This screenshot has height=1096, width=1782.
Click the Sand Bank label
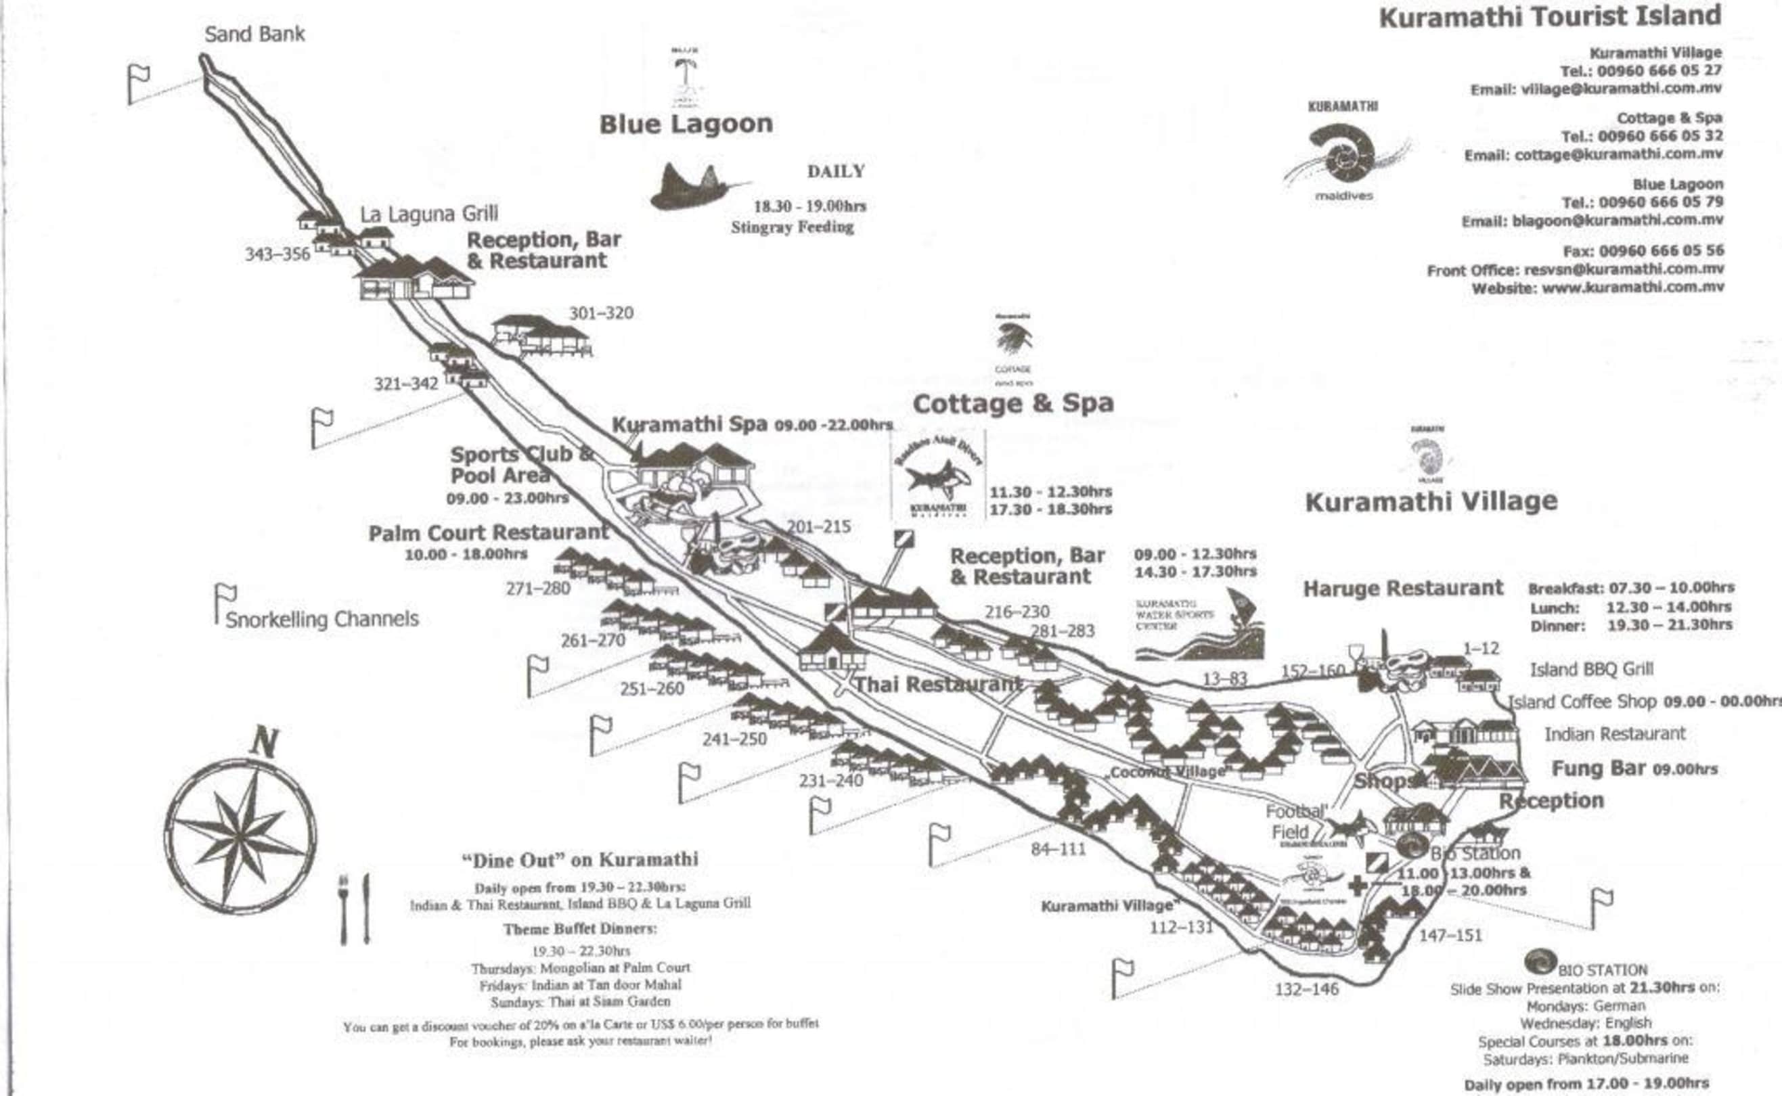[x=254, y=34]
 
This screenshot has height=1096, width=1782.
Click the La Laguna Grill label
[x=429, y=214]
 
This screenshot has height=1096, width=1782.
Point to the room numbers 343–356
[x=277, y=254]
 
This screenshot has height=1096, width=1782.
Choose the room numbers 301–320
[x=601, y=313]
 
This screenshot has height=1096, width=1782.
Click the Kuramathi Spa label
[x=690, y=424]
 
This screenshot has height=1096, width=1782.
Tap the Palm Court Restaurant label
[x=489, y=533]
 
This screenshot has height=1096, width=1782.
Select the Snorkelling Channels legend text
[x=322, y=619]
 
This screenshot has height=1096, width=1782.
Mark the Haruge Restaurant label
[x=1403, y=588]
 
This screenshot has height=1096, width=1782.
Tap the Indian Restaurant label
[x=1615, y=733]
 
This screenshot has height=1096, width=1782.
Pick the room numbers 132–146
[x=1306, y=989]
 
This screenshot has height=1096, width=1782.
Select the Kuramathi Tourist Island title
[x=1550, y=17]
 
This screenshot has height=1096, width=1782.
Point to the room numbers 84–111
[x=1059, y=848]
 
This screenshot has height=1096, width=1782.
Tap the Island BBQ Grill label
[x=1591, y=669]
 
